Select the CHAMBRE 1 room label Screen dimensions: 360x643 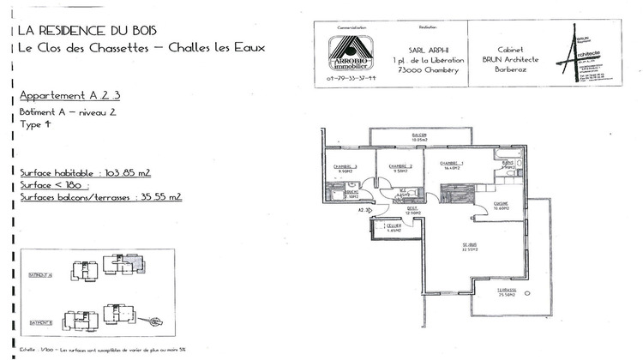coord(452,165)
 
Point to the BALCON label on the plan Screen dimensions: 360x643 coord(419,136)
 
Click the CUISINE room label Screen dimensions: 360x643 coord(502,205)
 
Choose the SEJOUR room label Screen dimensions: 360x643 coord(467,247)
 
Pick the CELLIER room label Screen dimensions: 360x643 coord(394,227)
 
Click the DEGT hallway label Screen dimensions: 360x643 coord(412,209)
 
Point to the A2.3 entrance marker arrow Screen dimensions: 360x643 coord(364,209)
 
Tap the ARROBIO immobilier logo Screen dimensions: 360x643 coord(352,54)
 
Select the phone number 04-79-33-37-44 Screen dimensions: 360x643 coord(352,78)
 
